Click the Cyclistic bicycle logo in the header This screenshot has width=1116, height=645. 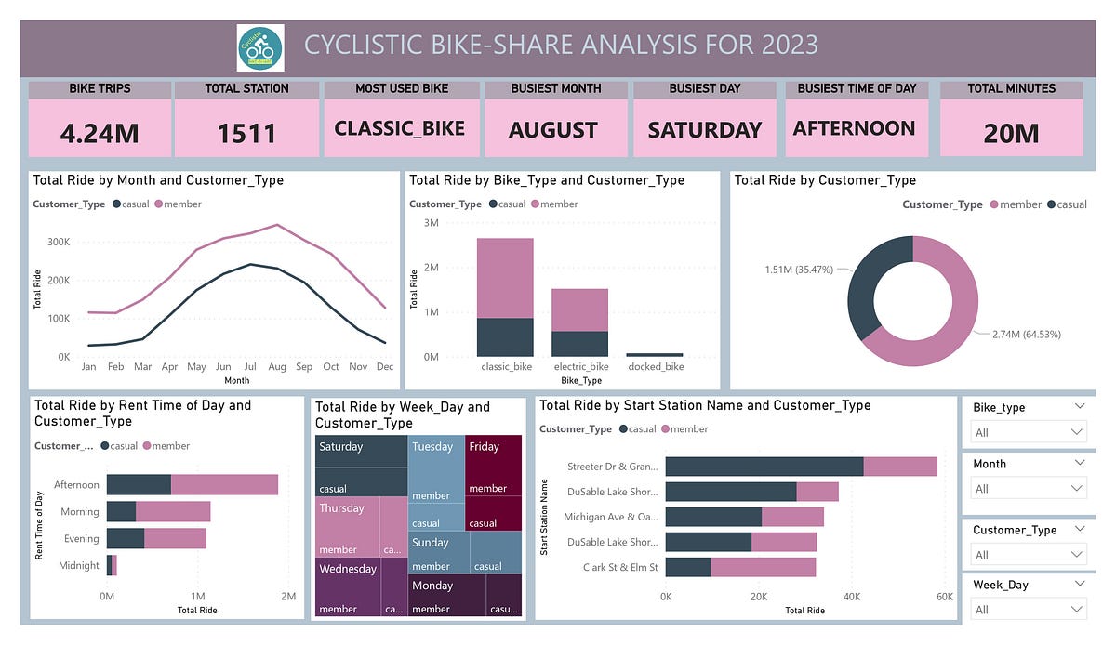(260, 46)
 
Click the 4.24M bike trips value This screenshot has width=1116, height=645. (100, 133)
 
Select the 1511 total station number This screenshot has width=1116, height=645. (246, 133)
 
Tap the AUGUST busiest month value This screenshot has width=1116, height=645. (552, 130)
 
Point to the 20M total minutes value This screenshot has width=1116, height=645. (1011, 133)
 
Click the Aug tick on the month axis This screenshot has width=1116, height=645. (276, 367)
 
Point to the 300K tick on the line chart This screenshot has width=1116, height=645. (58, 242)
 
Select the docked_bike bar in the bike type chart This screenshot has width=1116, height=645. (655, 354)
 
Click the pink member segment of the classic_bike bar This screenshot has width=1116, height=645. (505, 278)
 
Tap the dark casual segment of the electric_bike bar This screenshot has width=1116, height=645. (580, 344)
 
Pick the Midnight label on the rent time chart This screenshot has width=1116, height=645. (79, 565)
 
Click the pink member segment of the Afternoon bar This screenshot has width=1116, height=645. (224, 484)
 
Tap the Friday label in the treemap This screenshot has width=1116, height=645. (485, 447)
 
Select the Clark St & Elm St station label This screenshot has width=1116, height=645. (620, 567)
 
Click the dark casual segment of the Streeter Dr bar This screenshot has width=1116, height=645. (764, 467)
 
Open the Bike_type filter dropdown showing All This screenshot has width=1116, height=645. (1028, 432)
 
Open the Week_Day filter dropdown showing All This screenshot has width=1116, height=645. (1028, 610)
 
